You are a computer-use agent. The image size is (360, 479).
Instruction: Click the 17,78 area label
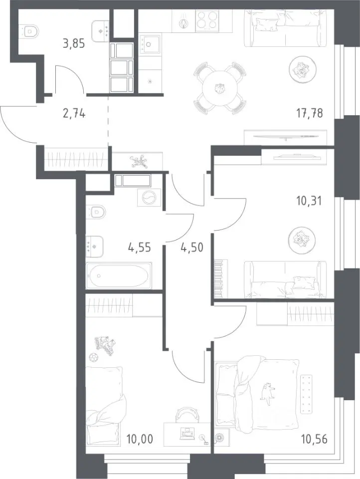coord(309,113)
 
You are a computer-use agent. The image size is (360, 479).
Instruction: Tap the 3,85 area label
coord(74,44)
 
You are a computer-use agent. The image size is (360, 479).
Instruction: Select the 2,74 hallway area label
coord(74,114)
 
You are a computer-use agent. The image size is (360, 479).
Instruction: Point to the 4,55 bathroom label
coord(140,247)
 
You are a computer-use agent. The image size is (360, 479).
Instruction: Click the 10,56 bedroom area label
coord(314,439)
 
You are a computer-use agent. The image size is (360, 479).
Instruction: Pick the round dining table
coord(220,88)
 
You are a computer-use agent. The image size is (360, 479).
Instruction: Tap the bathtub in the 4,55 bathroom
coord(119,276)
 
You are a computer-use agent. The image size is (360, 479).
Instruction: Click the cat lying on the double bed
coord(267,393)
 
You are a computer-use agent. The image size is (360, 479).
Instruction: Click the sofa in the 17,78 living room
coord(286,28)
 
